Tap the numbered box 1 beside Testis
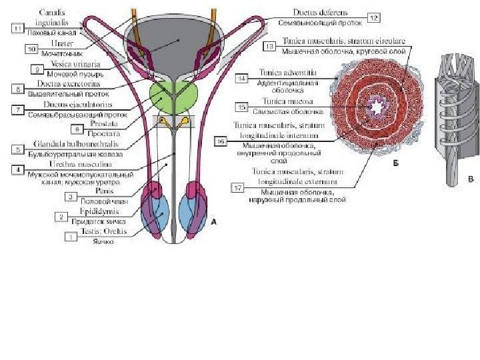(68, 236)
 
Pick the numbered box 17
(237, 188)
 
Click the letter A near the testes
(213, 224)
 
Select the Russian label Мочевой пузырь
(65, 74)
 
